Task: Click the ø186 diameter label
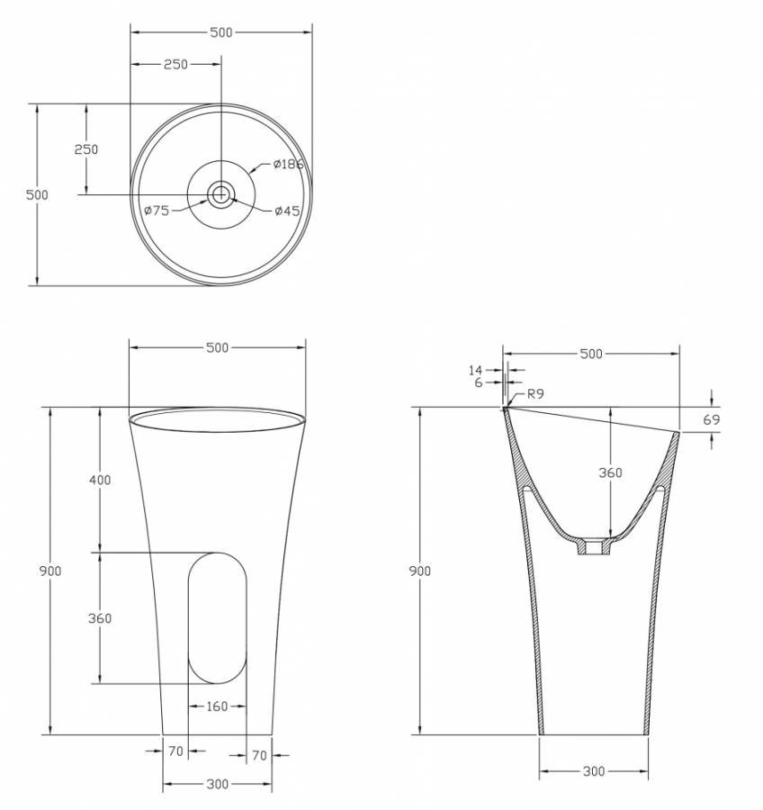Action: pyautogui.click(x=288, y=165)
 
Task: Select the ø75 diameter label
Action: pyautogui.click(x=157, y=211)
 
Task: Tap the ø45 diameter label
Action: pyautogui.click(x=287, y=211)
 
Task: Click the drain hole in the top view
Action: pyautogui.click(x=221, y=194)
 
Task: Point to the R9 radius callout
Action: pyautogui.click(x=535, y=393)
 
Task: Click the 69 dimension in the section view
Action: pyautogui.click(x=712, y=419)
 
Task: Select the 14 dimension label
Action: pyautogui.click(x=475, y=370)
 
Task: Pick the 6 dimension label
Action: pyautogui.click(x=479, y=382)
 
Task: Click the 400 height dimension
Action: pyautogui.click(x=100, y=480)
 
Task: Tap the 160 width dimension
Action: pyautogui.click(x=217, y=706)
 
